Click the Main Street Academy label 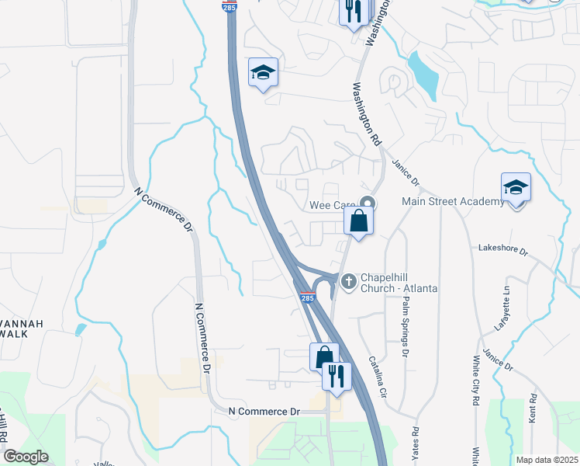(453, 202)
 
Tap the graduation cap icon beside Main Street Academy (516, 188)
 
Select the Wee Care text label (332, 205)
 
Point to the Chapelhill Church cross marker (350, 280)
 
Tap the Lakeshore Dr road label (503, 252)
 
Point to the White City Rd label (475, 381)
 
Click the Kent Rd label (533, 408)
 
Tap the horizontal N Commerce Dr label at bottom (264, 411)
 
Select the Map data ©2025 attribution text (547, 460)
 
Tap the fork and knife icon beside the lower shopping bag (337, 376)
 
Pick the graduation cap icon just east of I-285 (263, 73)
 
